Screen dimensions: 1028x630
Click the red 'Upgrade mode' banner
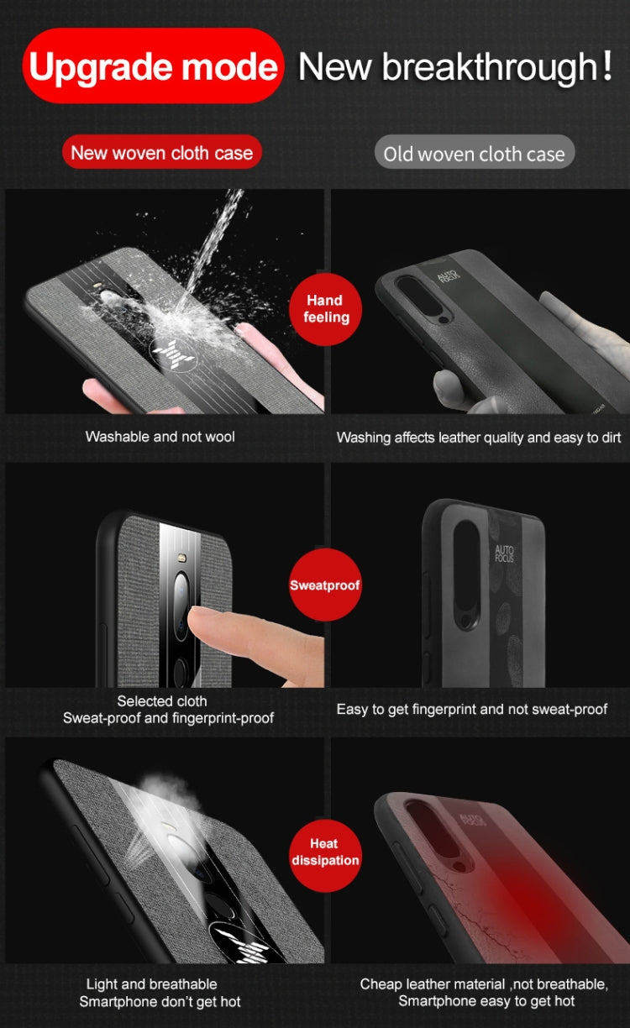tap(152, 66)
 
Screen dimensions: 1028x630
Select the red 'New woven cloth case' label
tap(161, 153)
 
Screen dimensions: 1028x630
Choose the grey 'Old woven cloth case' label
tap(474, 154)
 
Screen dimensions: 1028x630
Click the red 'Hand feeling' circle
tap(325, 308)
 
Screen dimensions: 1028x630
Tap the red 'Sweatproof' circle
tap(325, 585)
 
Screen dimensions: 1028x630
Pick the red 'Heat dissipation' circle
tap(324, 851)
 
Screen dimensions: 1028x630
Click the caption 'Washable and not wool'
tap(160, 437)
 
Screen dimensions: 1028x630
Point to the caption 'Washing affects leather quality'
tap(478, 438)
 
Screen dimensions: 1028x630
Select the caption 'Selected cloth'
tap(162, 700)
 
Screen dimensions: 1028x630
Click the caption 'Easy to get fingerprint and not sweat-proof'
tap(471, 710)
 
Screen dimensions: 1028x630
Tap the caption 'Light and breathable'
tap(151, 983)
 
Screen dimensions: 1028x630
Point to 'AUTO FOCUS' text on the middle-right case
tap(505, 555)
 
